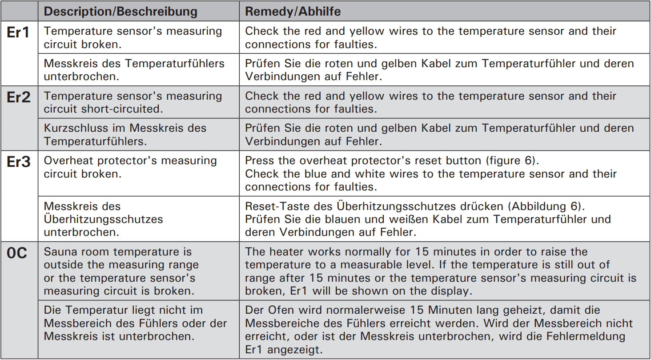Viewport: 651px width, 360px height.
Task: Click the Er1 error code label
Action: click(x=19, y=32)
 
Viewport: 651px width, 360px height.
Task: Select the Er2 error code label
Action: click(x=19, y=97)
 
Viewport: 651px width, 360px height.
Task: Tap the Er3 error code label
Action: click(x=19, y=162)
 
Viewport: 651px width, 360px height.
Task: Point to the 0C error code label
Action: click(x=17, y=253)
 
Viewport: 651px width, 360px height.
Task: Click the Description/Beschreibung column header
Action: click(x=121, y=12)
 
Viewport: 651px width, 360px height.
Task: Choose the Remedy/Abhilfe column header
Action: click(x=293, y=12)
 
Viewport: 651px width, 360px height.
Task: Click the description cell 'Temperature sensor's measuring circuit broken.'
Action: click(x=133, y=38)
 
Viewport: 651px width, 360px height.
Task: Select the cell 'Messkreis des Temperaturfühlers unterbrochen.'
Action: click(x=134, y=70)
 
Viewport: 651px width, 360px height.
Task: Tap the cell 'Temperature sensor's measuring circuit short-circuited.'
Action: click(x=133, y=102)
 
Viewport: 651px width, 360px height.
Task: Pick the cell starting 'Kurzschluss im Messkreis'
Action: click(x=125, y=134)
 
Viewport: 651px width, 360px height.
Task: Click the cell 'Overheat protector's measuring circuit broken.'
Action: click(x=130, y=167)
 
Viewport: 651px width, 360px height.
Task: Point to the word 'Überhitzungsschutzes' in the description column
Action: click(x=103, y=219)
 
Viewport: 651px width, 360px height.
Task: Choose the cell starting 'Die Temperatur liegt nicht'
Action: click(x=135, y=323)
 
